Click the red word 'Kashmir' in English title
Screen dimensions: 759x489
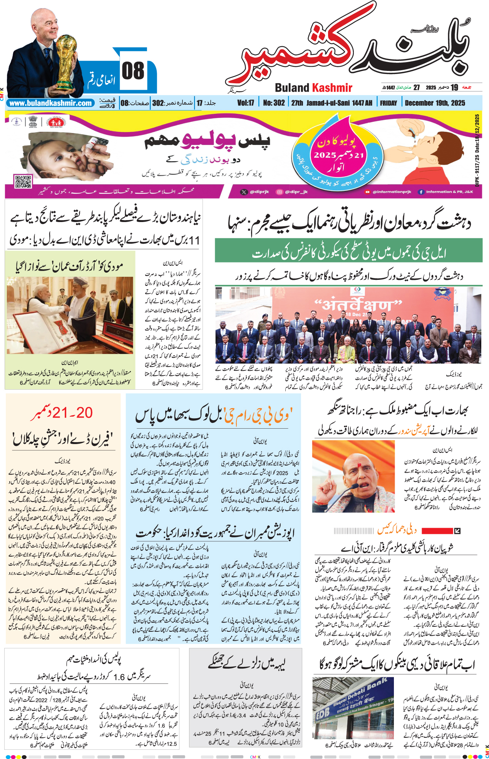tap(332, 88)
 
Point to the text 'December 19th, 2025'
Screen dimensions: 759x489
tap(435, 103)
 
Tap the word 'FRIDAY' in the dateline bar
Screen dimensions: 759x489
tap(388, 103)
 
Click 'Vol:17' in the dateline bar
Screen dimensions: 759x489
tap(246, 103)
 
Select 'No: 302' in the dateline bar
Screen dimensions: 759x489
tap(274, 103)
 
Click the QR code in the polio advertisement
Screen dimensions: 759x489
tap(23, 181)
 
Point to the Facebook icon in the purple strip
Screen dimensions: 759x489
tap(421, 192)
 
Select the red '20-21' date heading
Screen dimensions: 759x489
tap(62, 413)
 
